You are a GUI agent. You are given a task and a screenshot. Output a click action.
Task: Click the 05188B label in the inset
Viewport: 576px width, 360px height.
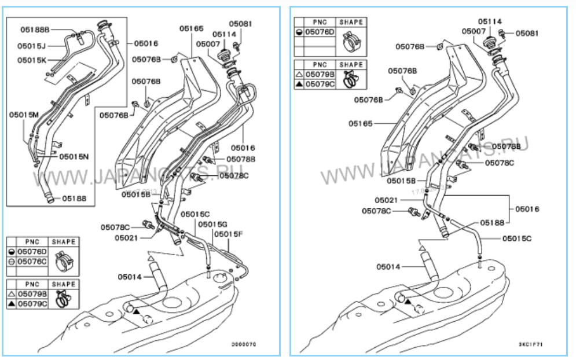click(35, 29)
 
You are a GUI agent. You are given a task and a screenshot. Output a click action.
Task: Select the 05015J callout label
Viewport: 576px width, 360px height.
click(31, 45)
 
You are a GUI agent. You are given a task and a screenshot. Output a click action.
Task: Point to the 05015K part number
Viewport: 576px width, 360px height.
click(32, 60)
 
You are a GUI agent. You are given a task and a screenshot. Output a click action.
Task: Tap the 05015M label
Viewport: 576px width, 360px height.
click(23, 115)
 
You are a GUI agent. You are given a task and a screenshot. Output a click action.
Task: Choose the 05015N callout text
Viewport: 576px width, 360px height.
click(74, 156)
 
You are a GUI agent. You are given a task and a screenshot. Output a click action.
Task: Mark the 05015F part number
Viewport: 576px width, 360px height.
click(229, 234)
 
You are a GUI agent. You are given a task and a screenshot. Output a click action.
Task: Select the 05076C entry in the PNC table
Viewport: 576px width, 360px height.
click(32, 261)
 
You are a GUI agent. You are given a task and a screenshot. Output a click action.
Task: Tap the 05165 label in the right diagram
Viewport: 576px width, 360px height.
click(364, 123)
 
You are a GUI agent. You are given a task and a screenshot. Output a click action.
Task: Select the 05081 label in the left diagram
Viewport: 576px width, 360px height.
click(240, 24)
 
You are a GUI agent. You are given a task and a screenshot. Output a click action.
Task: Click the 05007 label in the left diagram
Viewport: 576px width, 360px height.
click(208, 44)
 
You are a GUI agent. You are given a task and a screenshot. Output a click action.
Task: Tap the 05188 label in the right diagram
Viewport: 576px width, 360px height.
click(493, 222)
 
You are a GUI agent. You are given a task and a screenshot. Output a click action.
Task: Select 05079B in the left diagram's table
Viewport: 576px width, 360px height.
click(32, 294)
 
